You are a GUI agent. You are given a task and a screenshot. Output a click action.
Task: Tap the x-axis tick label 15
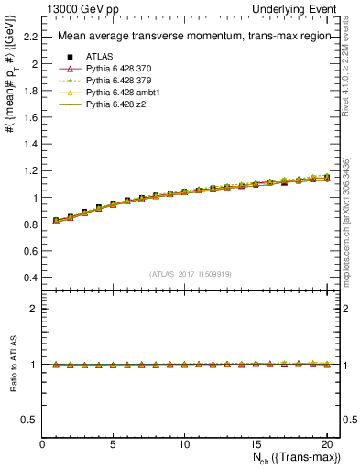pos(256,444)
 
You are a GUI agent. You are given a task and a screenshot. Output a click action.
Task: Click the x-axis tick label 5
pos(114,444)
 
